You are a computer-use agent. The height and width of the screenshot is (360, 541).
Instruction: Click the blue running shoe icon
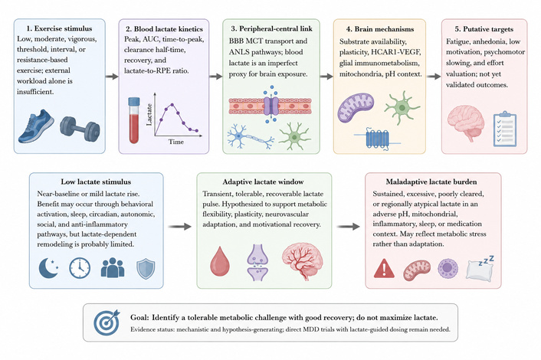click(36, 126)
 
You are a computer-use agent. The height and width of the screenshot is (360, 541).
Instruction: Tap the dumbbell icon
click(80, 129)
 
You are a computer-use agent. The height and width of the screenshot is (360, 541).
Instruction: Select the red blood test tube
click(134, 120)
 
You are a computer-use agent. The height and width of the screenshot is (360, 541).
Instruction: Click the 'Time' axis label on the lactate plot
click(176, 142)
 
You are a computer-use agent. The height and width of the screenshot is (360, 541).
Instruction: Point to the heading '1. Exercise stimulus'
click(59, 28)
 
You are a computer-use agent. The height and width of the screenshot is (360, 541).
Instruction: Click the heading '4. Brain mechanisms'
click(380, 29)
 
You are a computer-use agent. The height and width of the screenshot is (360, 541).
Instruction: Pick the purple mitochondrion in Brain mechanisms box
click(356, 107)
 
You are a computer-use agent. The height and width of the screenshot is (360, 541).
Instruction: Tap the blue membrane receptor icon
click(377, 139)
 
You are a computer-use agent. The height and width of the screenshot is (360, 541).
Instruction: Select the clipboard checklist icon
click(505, 129)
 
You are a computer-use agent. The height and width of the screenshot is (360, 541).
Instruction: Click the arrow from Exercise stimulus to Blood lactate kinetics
click(112, 76)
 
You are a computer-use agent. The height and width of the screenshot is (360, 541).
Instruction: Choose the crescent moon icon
click(48, 268)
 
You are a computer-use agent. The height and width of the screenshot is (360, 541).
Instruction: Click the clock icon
click(80, 268)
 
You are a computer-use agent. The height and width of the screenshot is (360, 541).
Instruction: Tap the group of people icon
click(113, 267)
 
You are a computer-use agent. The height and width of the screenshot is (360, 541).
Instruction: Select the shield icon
click(146, 269)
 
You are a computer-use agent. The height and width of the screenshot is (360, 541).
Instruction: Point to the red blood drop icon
click(220, 261)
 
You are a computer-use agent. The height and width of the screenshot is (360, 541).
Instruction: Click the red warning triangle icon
click(384, 269)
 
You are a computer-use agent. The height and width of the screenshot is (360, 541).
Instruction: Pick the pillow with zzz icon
click(480, 269)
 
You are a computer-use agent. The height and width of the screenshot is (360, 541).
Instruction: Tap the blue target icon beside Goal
click(107, 322)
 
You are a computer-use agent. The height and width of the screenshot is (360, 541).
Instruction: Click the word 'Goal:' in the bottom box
click(139, 318)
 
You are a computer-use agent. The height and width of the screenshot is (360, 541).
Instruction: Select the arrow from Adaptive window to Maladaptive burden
click(348, 227)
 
